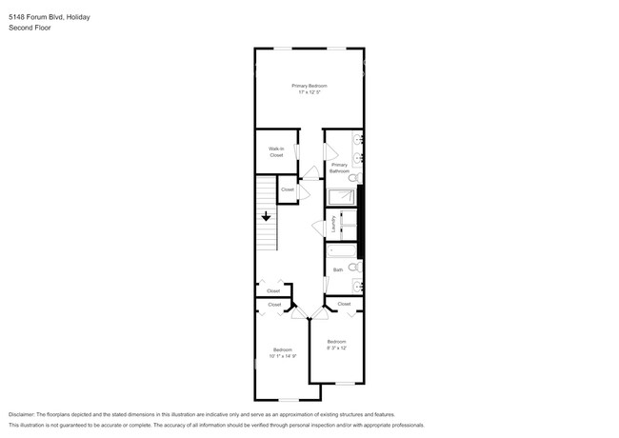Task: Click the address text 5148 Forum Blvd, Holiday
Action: click(x=50, y=16)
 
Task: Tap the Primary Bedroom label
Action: click(x=309, y=86)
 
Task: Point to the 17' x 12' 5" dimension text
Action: click(x=309, y=92)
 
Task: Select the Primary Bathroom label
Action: click(x=339, y=168)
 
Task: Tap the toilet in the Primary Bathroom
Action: click(x=353, y=177)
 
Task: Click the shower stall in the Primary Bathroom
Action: click(x=341, y=197)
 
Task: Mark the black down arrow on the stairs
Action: click(x=267, y=218)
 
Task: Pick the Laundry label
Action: click(x=333, y=225)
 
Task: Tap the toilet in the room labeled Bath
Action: click(x=353, y=268)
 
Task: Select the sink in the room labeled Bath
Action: click(x=357, y=285)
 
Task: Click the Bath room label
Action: click(x=338, y=270)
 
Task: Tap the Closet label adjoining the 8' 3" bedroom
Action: click(x=344, y=304)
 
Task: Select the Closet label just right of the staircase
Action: click(x=287, y=190)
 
